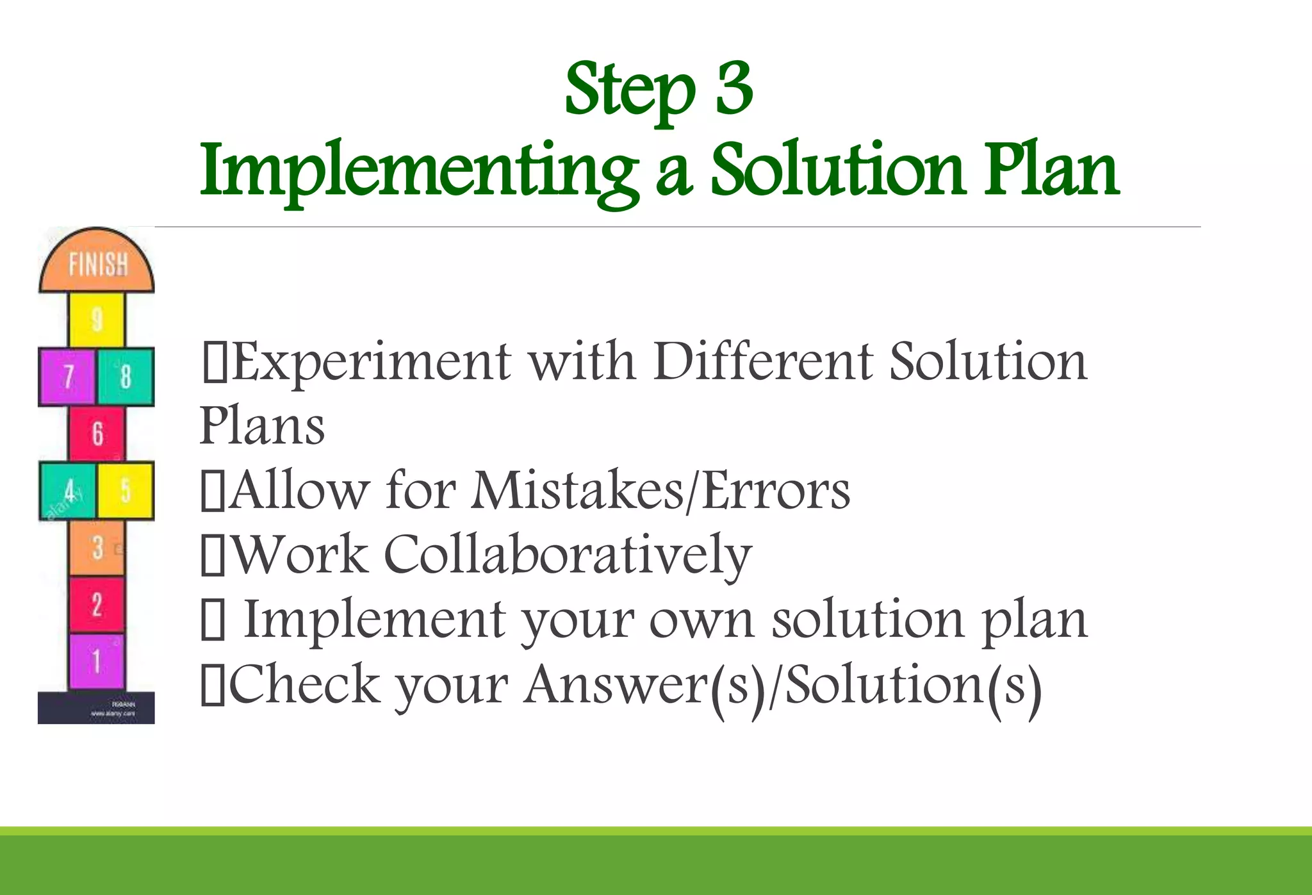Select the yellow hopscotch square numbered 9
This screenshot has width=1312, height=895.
pyautogui.click(x=97, y=319)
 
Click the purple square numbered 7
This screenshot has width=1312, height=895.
pyautogui.click(x=67, y=377)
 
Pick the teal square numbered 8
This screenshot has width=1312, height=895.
pyautogui.click(x=126, y=377)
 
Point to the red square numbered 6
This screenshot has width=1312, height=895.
pyautogui.click(x=97, y=433)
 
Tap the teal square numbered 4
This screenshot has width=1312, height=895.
pyautogui.click(x=67, y=491)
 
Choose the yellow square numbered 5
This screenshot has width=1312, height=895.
pyautogui.click(x=126, y=491)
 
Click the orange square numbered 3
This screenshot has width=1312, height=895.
pyautogui.click(x=97, y=548)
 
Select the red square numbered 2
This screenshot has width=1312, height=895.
pyautogui.click(x=97, y=604)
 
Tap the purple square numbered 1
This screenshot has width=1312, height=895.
pyautogui.click(x=97, y=661)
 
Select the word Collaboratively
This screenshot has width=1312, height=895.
pyautogui.click(x=568, y=555)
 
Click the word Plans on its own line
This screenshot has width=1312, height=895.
pyautogui.click(x=262, y=425)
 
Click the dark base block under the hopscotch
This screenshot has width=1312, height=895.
pyautogui.click(x=96, y=708)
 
